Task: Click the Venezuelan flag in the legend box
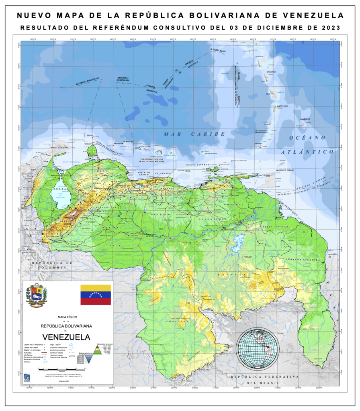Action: pos(95,295)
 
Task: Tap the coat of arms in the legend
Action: pos(37,295)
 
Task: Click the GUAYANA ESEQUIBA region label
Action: pos(303,260)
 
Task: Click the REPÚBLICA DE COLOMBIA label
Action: pos(52,265)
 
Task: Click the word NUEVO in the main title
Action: pos(34,16)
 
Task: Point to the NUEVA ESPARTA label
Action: pos(198,165)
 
